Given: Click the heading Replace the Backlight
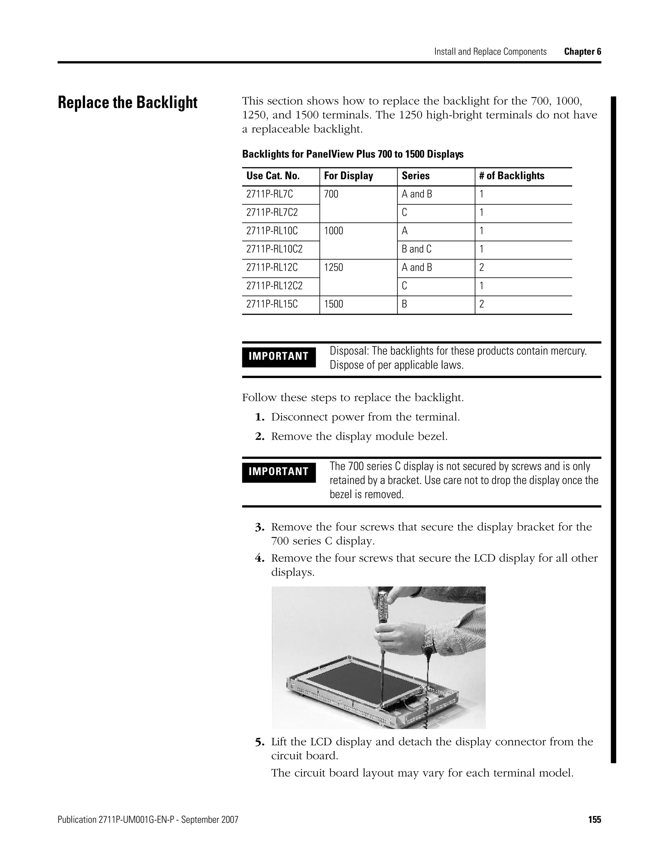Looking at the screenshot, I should point(128,103).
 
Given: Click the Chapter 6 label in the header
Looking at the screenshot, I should point(582,52).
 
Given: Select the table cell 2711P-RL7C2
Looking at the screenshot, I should point(272,212).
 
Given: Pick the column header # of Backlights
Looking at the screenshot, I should point(511,176).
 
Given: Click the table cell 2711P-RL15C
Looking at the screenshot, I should point(272,304).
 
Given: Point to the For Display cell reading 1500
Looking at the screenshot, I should point(334,304).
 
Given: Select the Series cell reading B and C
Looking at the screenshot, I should point(416,249).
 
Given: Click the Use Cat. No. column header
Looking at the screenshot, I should point(273,176).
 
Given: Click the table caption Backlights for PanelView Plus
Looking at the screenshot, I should point(352,154).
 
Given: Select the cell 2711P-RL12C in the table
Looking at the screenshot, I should point(272,267).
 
